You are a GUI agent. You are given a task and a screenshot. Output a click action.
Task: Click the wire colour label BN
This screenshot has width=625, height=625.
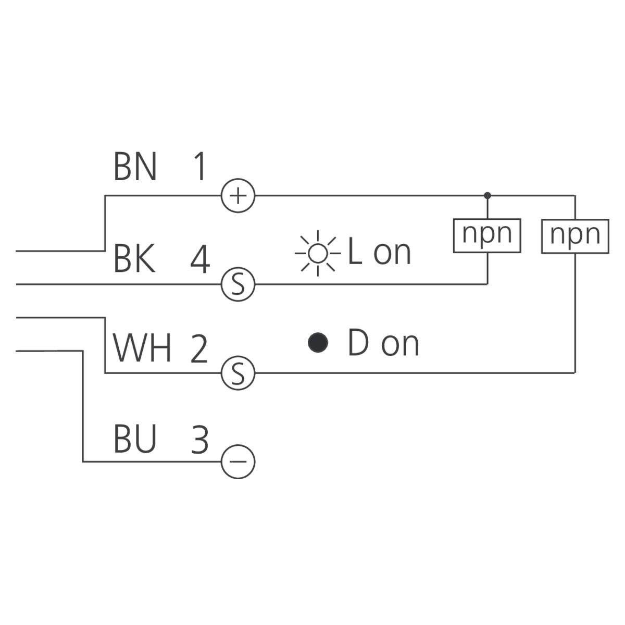[x=135, y=167]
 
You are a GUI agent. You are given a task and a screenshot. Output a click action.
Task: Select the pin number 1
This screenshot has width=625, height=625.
[x=198, y=167]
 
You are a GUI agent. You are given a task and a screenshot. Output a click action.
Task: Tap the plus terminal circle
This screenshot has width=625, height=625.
[x=238, y=196]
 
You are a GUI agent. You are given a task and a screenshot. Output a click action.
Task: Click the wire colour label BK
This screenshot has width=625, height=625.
[x=134, y=259]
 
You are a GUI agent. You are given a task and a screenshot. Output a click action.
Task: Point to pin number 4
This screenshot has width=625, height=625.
[x=200, y=259]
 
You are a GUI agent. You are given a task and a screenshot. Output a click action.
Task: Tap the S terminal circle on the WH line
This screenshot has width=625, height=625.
[x=238, y=373]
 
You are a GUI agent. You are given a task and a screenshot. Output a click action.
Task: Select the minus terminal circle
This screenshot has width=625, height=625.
[x=238, y=461]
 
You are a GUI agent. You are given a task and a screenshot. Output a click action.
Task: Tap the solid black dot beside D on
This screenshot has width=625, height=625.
[x=318, y=342]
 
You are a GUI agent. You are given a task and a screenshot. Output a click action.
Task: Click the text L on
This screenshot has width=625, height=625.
[x=379, y=252]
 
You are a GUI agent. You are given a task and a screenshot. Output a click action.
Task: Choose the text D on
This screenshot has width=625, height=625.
[x=383, y=343]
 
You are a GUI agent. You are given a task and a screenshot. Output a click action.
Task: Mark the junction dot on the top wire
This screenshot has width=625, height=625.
[x=487, y=196]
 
